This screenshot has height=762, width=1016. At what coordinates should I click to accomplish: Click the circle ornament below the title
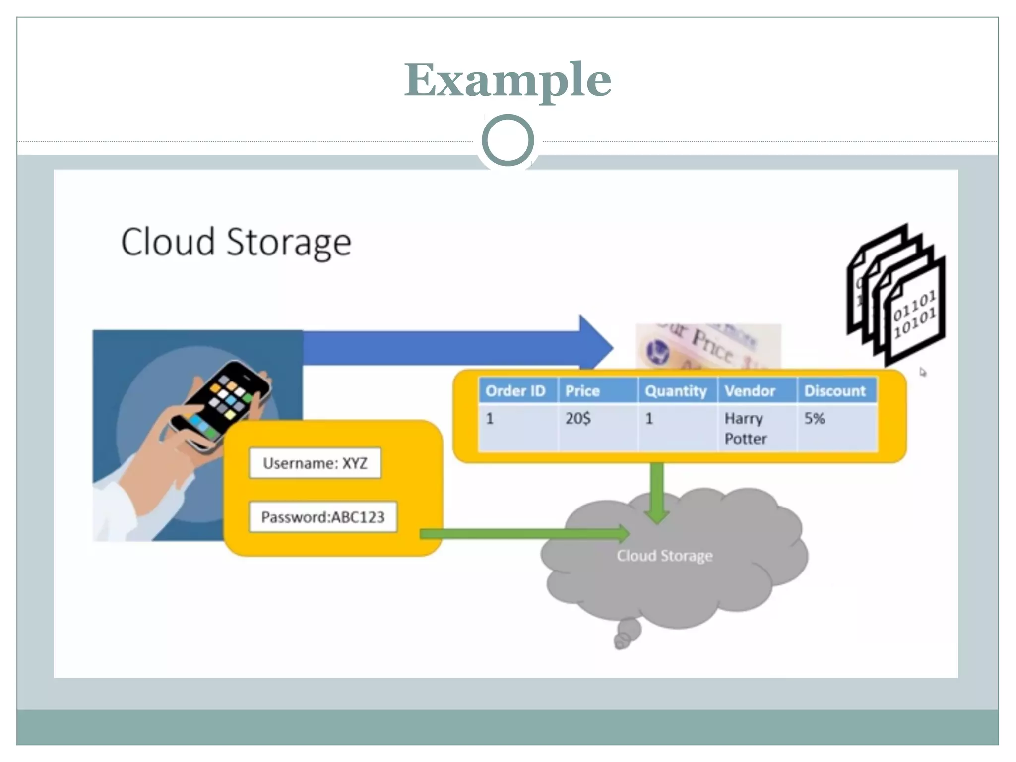508,140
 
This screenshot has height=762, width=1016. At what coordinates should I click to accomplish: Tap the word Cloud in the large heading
168,242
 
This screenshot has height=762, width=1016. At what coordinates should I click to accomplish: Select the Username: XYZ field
315,463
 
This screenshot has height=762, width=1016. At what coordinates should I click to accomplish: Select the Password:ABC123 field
323,517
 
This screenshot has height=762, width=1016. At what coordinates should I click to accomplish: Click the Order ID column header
516,391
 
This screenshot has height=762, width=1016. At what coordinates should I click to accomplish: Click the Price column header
583,391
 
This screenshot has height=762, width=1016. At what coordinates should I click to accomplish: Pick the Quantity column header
676,391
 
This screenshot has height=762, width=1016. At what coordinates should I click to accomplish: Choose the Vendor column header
750,391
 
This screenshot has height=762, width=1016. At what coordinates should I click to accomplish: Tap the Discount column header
835,391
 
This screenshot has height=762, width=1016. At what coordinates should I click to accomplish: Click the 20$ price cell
578,419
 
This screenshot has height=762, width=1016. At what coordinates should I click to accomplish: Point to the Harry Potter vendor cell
746,428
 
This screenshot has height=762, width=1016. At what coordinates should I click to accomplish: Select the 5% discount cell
815,419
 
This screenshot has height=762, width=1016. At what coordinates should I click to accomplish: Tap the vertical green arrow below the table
657,491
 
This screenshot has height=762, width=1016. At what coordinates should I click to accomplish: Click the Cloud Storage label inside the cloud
665,556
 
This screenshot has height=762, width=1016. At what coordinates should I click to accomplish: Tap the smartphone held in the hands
221,405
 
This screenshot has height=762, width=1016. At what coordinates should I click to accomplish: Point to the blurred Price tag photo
708,346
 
